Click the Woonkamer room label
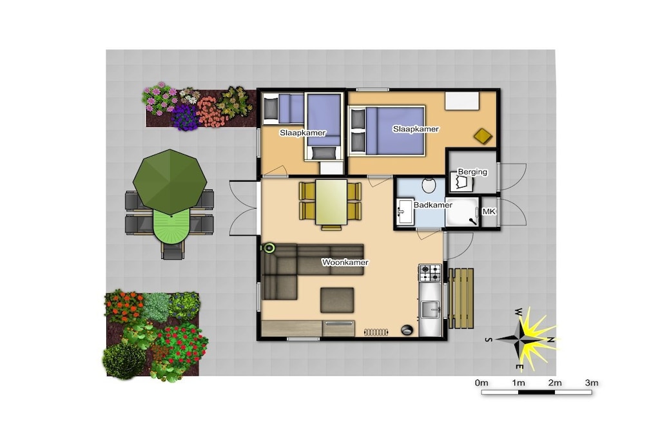coord(345,262)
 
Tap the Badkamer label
coord(432,205)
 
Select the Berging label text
coord(472,171)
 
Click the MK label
coord(489,211)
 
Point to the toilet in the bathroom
coord(429,184)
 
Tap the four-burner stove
coord(430,273)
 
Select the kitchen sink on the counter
coord(430,311)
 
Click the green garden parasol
coord(170,181)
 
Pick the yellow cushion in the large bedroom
coord(483,136)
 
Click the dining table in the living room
coord(331,202)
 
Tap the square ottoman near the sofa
coord(336,300)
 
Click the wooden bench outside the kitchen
coord(460,298)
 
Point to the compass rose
coord(523,339)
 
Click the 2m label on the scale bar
coord(555,383)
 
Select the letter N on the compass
coord(550,340)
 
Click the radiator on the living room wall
coord(376,332)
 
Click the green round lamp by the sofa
coord(269,248)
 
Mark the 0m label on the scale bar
coord(481,383)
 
